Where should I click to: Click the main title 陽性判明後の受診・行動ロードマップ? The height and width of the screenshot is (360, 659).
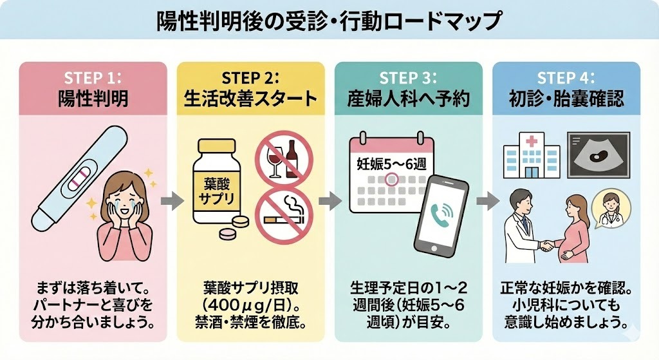329,21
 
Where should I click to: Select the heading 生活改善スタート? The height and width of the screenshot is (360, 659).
250,99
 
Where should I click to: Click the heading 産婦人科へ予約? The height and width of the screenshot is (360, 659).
408,99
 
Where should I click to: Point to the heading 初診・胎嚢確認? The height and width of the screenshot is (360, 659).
566,99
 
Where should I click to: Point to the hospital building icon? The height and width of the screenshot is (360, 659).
530,156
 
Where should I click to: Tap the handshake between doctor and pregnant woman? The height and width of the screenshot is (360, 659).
546,245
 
